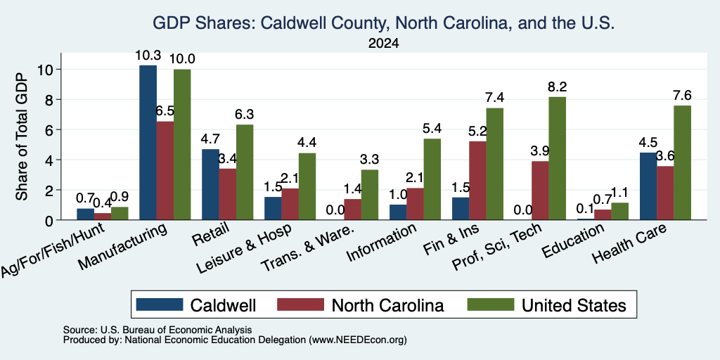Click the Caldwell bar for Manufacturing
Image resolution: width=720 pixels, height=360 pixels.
pyautogui.click(x=148, y=142)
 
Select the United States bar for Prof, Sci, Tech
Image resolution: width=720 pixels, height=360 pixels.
pyautogui.click(x=558, y=158)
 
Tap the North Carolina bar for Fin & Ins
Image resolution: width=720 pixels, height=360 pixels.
pyautogui.click(x=478, y=181)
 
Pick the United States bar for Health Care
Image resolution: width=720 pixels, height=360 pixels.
pyautogui.click(x=682, y=162)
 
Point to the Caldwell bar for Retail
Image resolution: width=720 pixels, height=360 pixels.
pyautogui.click(x=210, y=185)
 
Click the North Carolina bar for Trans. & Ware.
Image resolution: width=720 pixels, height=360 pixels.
pyautogui.click(x=353, y=210)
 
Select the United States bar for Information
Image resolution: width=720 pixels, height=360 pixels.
pyautogui.click(x=432, y=179)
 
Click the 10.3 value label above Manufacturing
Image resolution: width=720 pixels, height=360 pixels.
pyautogui.click(x=148, y=56)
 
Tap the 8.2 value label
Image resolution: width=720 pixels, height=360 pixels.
pyautogui.click(x=558, y=86)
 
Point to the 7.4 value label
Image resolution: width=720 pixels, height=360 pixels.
pyautogui.click(x=495, y=98)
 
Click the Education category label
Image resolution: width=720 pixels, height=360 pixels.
pyautogui.click(x=572, y=241)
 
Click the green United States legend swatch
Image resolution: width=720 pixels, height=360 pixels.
pyautogui.click(x=490, y=304)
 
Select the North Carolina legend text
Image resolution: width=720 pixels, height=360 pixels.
pyautogui.click(x=387, y=305)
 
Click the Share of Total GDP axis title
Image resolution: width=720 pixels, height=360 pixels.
pyautogui.click(x=22, y=136)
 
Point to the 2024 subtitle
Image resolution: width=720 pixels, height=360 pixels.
pyautogui.click(x=383, y=44)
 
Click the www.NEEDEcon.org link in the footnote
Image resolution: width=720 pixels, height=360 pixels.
pyautogui.click(x=358, y=340)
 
